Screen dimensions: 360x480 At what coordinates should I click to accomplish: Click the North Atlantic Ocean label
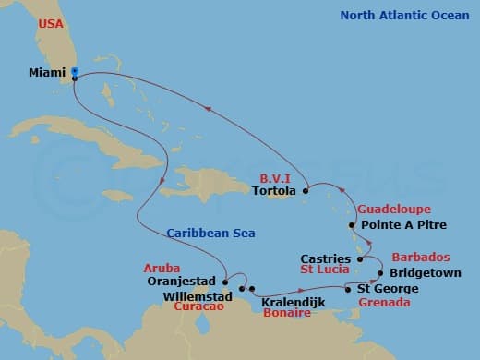point(405,15)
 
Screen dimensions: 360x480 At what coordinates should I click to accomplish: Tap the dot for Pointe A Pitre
point(352,224)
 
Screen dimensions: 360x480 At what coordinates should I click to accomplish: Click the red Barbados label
point(421,258)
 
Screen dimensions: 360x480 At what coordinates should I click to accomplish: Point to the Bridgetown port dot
point(379,273)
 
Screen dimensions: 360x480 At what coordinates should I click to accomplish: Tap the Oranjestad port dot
point(224,281)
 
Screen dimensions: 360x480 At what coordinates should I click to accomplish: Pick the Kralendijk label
point(291,302)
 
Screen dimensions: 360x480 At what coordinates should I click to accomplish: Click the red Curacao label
point(201,306)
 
